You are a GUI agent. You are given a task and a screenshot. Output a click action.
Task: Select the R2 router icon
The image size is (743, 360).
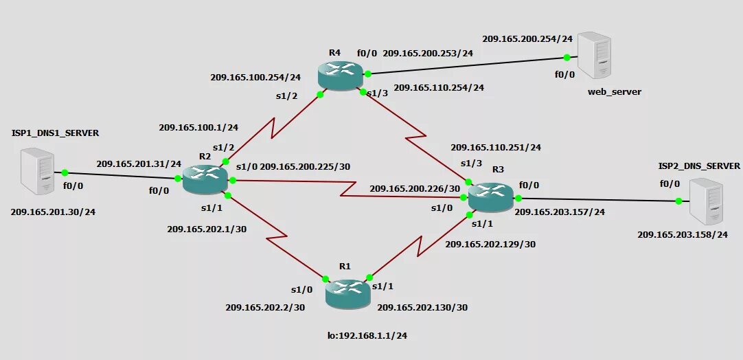point(205,179)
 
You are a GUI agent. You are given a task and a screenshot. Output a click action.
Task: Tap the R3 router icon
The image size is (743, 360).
point(490,196)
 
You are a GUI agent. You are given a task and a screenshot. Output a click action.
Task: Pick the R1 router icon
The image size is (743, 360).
point(347,293)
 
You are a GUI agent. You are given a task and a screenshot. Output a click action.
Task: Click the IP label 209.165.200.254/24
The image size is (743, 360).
point(527,38)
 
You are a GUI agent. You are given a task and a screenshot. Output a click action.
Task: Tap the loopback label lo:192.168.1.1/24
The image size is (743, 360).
point(371,336)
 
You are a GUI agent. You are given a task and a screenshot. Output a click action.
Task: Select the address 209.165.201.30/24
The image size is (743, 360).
point(53,212)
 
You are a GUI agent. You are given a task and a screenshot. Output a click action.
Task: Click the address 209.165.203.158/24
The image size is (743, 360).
point(682,235)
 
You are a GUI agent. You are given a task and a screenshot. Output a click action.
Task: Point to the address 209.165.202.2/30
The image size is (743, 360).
point(265,307)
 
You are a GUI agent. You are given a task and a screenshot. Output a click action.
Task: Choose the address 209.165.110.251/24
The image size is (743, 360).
point(496,147)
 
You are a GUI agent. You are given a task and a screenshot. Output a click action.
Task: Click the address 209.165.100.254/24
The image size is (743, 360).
point(255,77)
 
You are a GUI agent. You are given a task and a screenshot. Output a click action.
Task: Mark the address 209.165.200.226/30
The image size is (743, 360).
point(415,188)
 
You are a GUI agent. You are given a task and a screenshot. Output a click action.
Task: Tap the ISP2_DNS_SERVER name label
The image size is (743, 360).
point(699,166)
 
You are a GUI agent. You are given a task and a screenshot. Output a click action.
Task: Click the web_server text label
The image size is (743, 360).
point(615,91)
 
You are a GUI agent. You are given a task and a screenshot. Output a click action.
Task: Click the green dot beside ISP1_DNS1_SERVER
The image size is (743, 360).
point(65,172)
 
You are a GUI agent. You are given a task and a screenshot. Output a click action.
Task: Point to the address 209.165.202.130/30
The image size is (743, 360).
point(422,307)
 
